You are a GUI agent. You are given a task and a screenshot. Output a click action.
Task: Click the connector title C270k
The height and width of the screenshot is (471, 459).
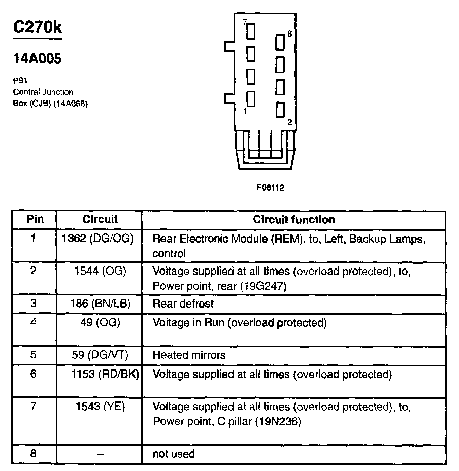coord(38,27)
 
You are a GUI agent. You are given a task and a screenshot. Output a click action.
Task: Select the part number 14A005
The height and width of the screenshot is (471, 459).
coord(37,59)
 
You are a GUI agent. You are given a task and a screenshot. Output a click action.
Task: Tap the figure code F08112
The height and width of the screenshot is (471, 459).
coord(270,187)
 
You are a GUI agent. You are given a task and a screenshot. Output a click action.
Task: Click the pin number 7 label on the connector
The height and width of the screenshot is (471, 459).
coord(245,22)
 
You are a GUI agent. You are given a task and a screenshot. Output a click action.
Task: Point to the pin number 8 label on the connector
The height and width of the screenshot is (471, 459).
coord(289,34)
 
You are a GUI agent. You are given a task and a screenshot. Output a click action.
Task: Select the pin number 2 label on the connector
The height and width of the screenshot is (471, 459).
coord(289,123)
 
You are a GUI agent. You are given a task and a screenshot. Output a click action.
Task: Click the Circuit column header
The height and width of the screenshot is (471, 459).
coord(100,219)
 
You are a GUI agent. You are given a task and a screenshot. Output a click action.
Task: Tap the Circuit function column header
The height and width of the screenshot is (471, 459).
coord(294,219)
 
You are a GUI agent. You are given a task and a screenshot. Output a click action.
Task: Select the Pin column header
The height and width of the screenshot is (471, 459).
coord(35,219)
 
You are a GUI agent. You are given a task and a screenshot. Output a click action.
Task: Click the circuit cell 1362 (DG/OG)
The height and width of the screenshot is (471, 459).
coord(100,238)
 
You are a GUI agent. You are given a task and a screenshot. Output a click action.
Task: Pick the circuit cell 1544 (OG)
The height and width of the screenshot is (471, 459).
coord(100,271)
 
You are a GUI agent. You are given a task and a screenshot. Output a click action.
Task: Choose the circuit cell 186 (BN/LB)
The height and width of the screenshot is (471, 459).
coord(100,304)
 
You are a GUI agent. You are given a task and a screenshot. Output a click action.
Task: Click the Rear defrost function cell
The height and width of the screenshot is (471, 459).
coord(183,304)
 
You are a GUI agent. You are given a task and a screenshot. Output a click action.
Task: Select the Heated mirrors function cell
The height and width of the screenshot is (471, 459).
coord(189,355)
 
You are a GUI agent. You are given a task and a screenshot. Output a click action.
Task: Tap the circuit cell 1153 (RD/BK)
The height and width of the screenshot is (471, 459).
coord(106,375)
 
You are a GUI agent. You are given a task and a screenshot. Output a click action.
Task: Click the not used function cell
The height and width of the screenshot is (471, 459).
coord(174,454)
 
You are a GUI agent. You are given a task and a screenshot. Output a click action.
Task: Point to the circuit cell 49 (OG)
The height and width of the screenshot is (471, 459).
coord(100,322)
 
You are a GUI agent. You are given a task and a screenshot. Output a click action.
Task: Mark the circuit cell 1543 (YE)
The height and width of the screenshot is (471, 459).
coord(100,407)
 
